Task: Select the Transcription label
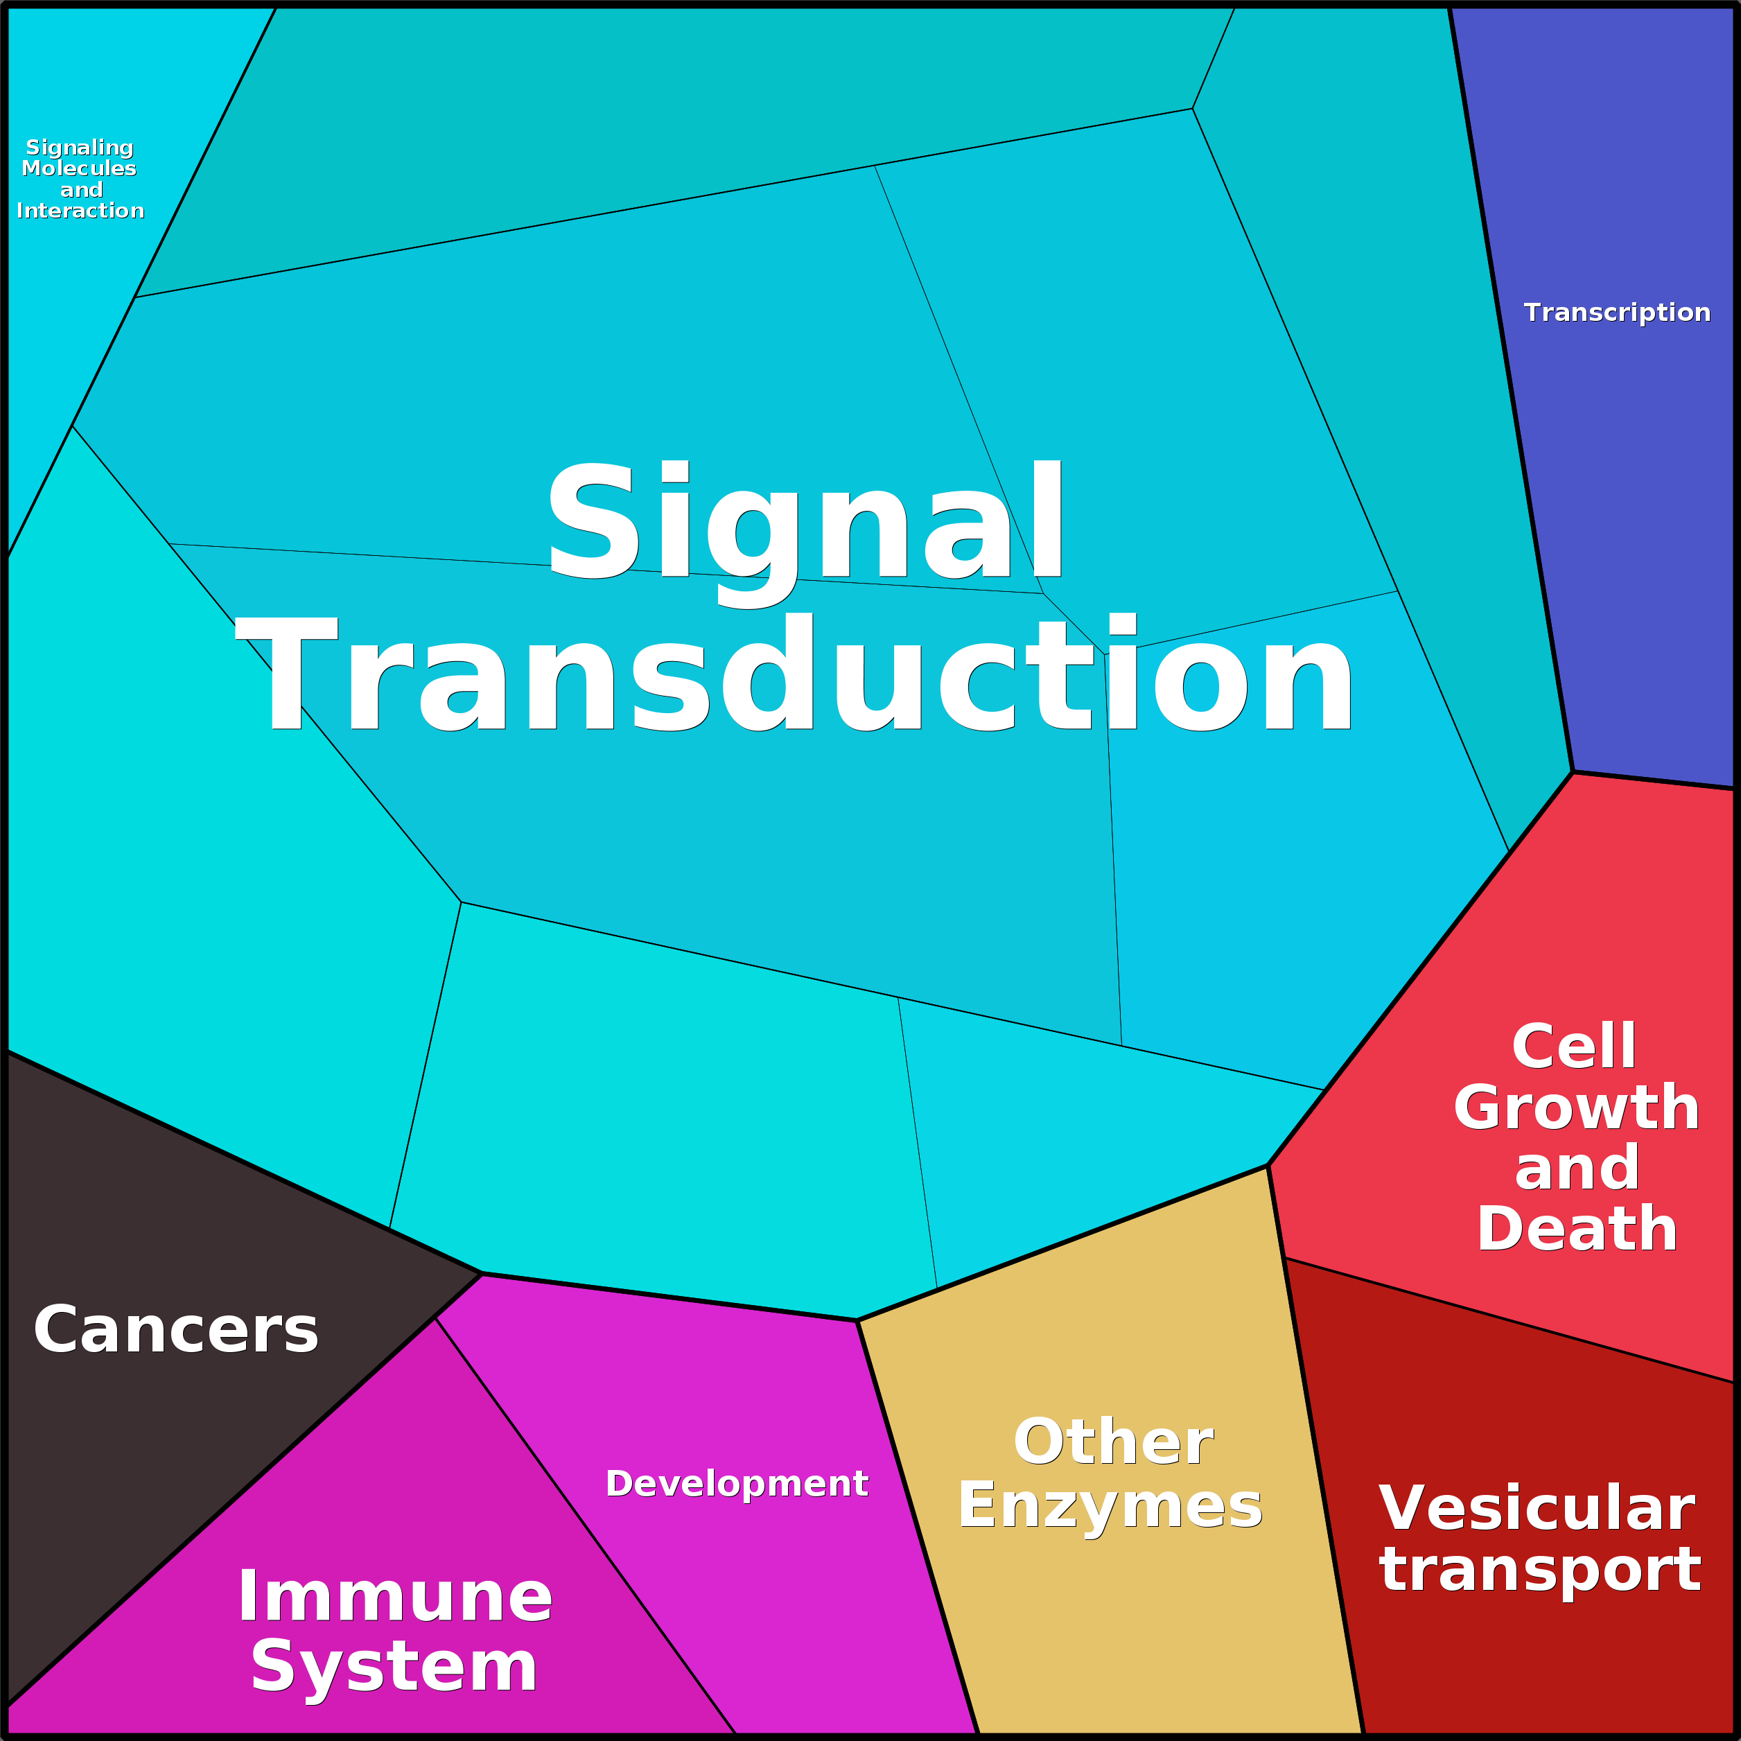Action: coord(1617,313)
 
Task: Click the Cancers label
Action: coord(176,1330)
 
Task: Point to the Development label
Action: coord(736,1483)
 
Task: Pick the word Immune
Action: coord(394,1597)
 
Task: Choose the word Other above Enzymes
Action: coord(1113,1442)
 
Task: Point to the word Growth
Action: coord(1576,1107)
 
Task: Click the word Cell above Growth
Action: coord(1574,1047)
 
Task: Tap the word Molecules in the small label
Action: coord(79,168)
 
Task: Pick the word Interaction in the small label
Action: coord(80,211)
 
